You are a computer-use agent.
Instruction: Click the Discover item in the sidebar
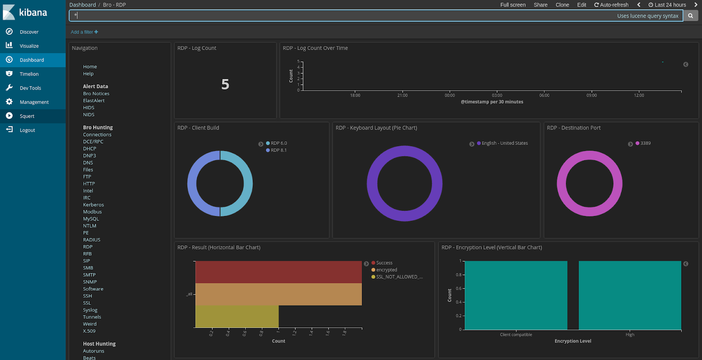(29, 32)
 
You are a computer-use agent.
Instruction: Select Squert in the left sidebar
(27, 116)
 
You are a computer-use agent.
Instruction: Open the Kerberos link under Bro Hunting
(93, 205)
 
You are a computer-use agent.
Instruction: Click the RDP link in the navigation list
(88, 247)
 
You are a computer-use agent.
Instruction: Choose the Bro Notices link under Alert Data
(96, 94)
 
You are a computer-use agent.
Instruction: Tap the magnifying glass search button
(690, 16)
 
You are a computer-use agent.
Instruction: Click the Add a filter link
(84, 32)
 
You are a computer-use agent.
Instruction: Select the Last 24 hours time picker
(667, 5)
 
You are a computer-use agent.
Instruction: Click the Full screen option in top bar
(512, 5)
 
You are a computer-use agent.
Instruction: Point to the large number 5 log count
(225, 84)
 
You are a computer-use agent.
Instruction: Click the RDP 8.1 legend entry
(278, 151)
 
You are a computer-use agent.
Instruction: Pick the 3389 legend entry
(645, 144)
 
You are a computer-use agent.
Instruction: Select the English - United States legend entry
(505, 144)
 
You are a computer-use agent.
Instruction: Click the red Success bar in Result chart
(278, 272)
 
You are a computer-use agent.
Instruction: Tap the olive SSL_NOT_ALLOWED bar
(237, 317)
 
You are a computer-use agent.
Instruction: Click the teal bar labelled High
(630, 295)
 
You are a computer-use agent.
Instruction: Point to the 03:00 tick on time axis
(497, 95)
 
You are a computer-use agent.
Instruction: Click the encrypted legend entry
(386, 270)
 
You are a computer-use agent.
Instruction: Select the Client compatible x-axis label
(516, 335)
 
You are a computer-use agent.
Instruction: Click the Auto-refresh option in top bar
(611, 5)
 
